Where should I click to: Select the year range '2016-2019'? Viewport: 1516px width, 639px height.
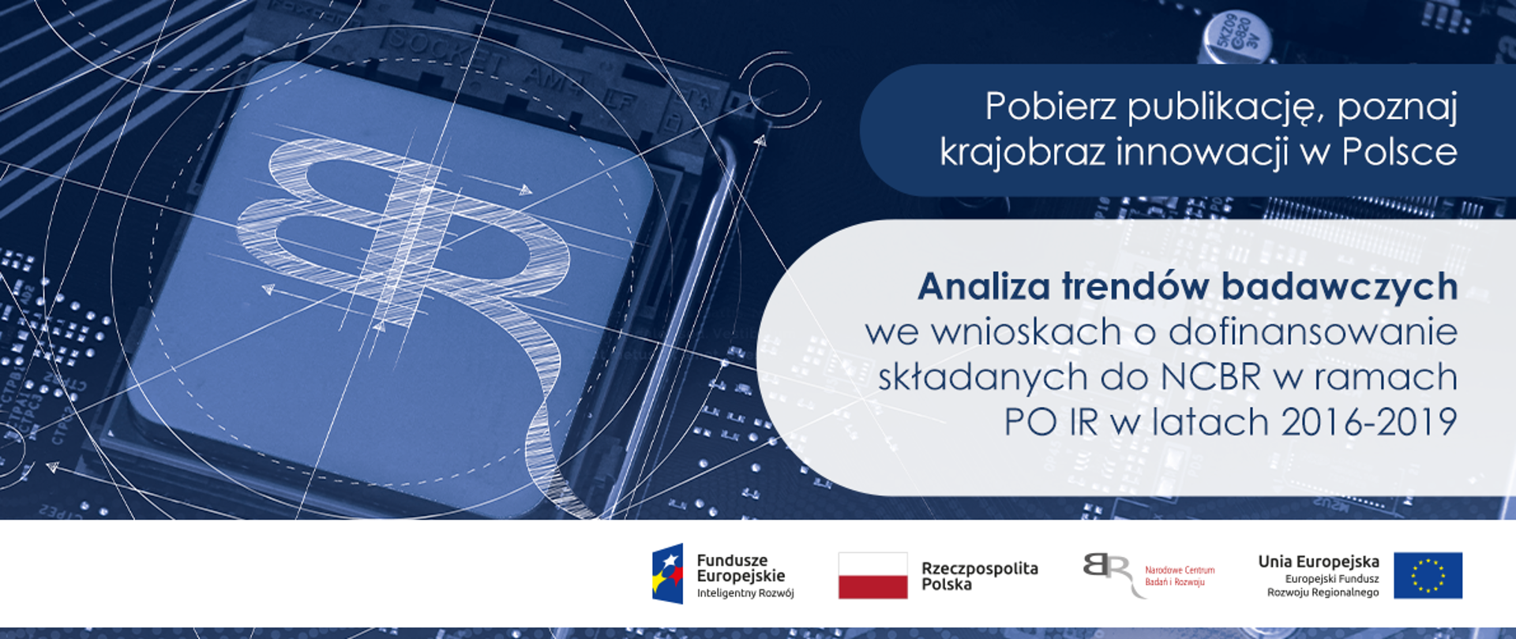point(1368,422)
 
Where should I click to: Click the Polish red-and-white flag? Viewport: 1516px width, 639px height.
point(872,575)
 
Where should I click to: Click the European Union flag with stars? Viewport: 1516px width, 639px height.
point(1428,575)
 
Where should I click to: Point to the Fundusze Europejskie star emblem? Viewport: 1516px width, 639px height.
point(668,574)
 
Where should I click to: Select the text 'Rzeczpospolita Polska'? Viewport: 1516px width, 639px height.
point(979,576)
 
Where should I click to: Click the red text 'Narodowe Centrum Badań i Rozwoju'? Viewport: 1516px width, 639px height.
point(1179,576)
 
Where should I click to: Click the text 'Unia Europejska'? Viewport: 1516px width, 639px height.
point(1318,562)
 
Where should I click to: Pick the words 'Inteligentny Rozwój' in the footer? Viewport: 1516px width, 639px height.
point(745,593)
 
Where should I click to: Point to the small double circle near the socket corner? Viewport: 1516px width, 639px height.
point(779,88)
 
